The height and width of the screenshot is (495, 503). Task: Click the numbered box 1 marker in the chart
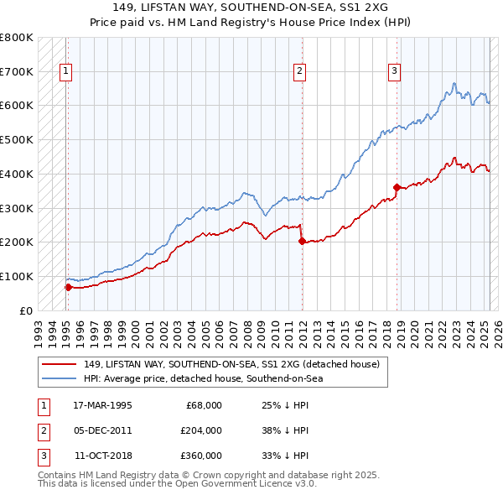click(65, 71)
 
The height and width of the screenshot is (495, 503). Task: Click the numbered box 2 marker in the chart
click(299, 71)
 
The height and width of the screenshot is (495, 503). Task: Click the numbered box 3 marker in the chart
click(394, 71)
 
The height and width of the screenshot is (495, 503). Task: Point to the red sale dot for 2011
click(301, 241)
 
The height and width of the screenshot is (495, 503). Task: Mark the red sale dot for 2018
click(397, 187)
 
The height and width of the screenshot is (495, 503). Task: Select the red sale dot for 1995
click(68, 287)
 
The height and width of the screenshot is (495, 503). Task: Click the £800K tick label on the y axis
click(17, 38)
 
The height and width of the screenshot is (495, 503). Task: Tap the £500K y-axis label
click(17, 140)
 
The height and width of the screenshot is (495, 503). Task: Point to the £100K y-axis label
click(17, 276)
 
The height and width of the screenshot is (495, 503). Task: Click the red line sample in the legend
click(59, 364)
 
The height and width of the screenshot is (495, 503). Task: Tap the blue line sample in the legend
click(59, 378)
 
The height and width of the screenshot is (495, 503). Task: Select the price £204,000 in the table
click(202, 430)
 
